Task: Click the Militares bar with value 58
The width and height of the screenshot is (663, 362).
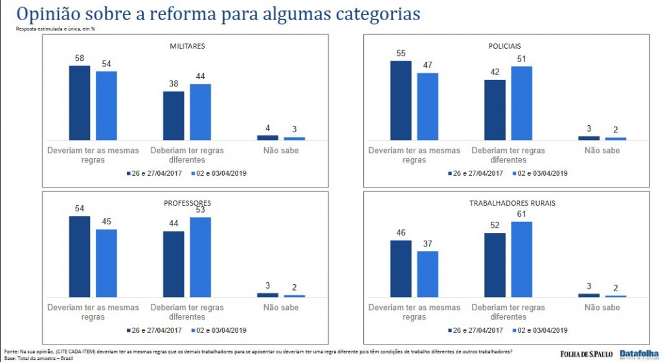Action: pos(80,103)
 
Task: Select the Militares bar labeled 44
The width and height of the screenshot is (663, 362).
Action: pos(200,112)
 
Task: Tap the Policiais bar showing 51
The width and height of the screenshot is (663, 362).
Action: pos(521,103)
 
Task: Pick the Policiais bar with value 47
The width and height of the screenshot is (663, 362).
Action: pos(428,106)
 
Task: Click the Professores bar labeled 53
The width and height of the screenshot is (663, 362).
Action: pos(200,257)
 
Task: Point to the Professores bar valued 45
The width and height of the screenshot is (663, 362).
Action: pos(106,263)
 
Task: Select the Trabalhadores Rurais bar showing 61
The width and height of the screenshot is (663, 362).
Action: pos(521,259)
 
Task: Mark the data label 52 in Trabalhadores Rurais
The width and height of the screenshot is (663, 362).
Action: pos(494,224)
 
